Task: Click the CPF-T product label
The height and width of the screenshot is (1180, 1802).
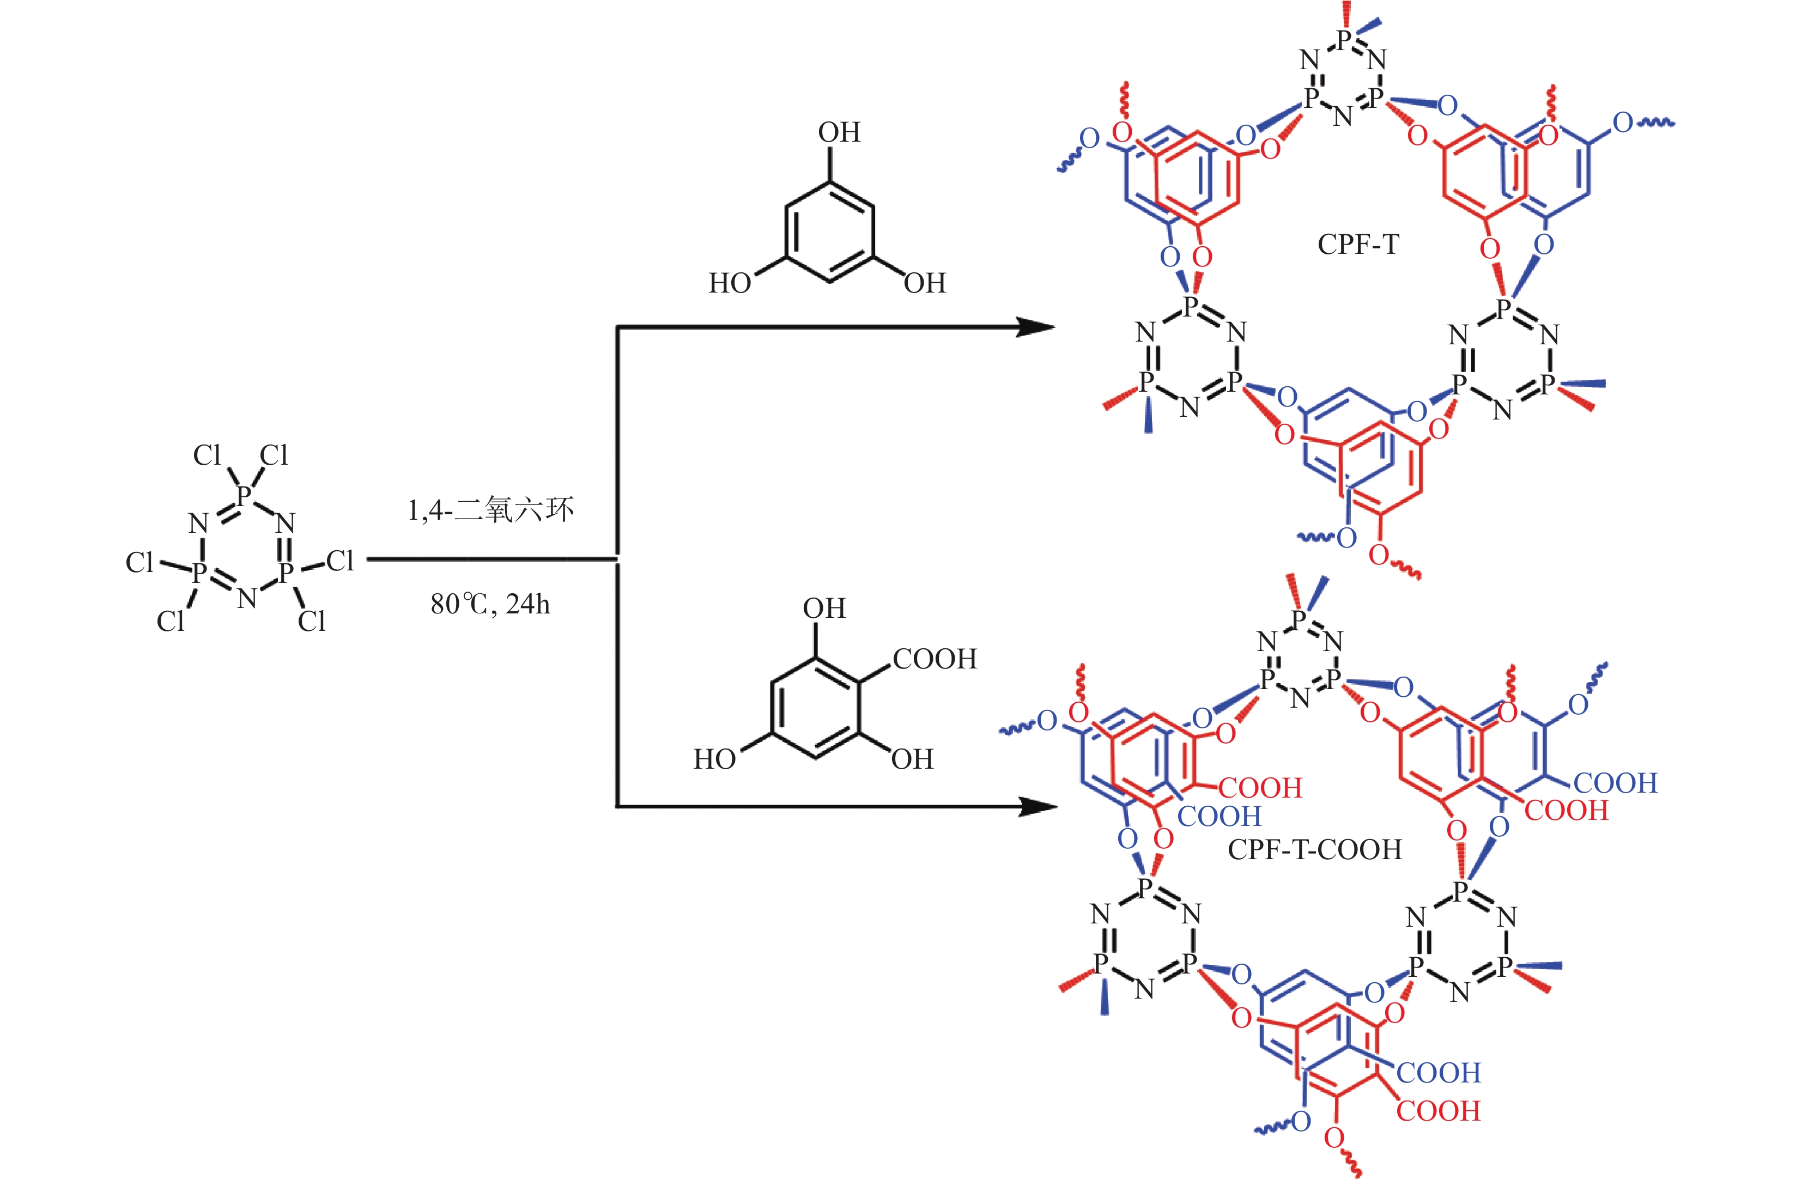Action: coord(1358,245)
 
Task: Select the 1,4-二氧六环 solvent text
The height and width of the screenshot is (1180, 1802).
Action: coord(490,510)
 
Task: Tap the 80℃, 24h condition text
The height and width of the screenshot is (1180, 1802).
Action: coord(490,604)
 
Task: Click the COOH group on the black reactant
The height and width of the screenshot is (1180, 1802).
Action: coord(935,659)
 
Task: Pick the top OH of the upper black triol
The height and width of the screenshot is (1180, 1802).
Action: coord(839,132)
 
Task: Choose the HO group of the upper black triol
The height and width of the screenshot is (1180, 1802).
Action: coord(729,283)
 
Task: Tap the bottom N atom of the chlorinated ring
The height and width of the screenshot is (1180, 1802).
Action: coord(247,599)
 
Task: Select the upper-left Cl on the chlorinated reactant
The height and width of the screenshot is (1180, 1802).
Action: coord(207,455)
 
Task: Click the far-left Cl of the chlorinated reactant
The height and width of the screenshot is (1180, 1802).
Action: coord(139,562)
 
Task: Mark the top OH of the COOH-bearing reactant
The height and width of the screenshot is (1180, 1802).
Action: coord(824,609)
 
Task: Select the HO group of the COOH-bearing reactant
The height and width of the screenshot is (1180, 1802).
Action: coord(714,759)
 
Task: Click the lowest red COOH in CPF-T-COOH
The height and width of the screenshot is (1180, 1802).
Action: coord(1438,1111)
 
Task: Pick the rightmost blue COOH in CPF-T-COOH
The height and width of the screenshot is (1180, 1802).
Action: coord(1615,783)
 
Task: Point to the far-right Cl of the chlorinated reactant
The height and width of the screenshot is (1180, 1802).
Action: coord(340,561)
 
